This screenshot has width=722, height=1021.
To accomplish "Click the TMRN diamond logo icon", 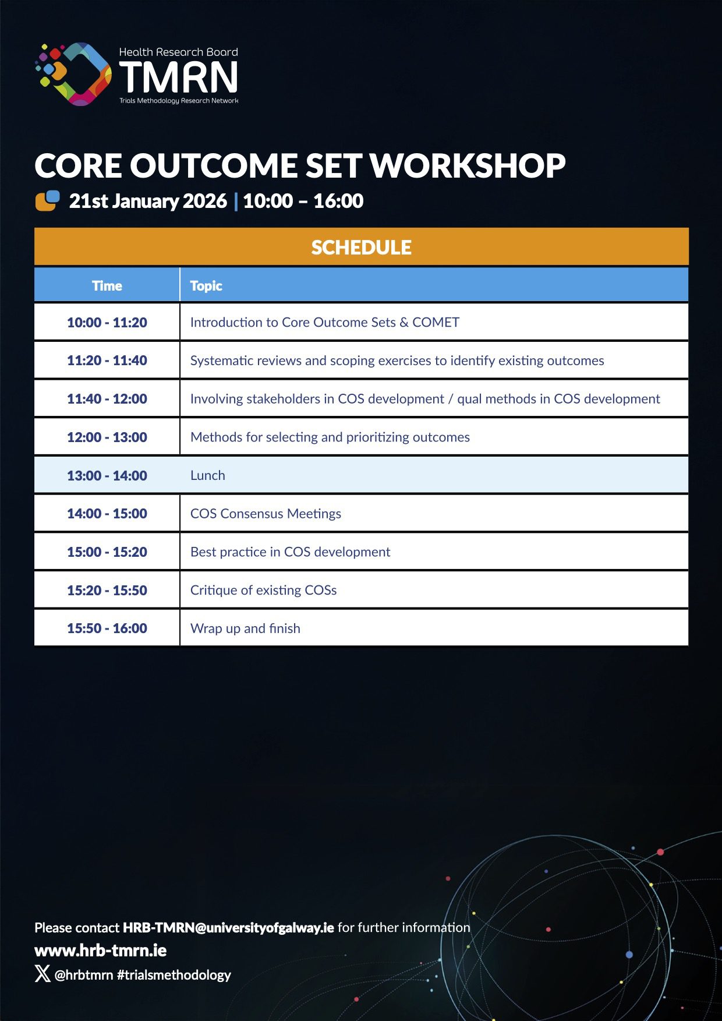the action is pos(73,74).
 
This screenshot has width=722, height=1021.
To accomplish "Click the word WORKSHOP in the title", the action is pos(468,166).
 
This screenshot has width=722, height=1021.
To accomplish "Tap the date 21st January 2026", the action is pos(148,201).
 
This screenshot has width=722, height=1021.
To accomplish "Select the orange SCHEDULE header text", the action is pos(361,248).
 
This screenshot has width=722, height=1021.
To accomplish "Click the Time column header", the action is pos(107,286).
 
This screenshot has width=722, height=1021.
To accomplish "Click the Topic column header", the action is pos(206,286).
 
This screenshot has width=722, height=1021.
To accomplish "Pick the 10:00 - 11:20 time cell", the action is pos(107,323).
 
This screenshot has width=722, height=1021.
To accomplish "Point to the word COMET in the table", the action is pos(436,323).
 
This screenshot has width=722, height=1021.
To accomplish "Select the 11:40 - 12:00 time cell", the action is pos(107,399).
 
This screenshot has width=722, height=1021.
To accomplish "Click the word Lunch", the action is pos(208,475).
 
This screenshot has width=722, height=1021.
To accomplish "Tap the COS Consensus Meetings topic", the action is pos(266,514).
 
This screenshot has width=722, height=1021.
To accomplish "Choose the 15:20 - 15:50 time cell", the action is pos(107,590).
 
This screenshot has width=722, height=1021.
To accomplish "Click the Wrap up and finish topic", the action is pos(245,628).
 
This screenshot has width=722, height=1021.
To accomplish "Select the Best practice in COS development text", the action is pos(290,552).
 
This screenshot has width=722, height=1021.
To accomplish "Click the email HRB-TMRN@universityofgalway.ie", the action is pos(228,927).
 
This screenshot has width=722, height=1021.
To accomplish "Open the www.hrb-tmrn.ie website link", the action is pos(101,951).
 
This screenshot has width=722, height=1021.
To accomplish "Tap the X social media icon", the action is pos(43,973).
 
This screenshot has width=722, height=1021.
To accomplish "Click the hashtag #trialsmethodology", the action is pos(174,975).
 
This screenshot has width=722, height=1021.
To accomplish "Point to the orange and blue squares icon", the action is pos(48,200).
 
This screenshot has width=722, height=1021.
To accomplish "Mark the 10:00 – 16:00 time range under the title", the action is pos(303,201).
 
